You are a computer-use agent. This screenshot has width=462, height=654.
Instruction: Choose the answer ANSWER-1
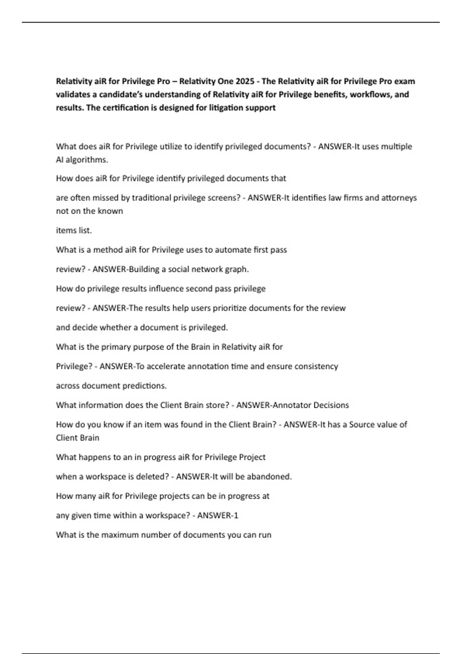218,515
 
